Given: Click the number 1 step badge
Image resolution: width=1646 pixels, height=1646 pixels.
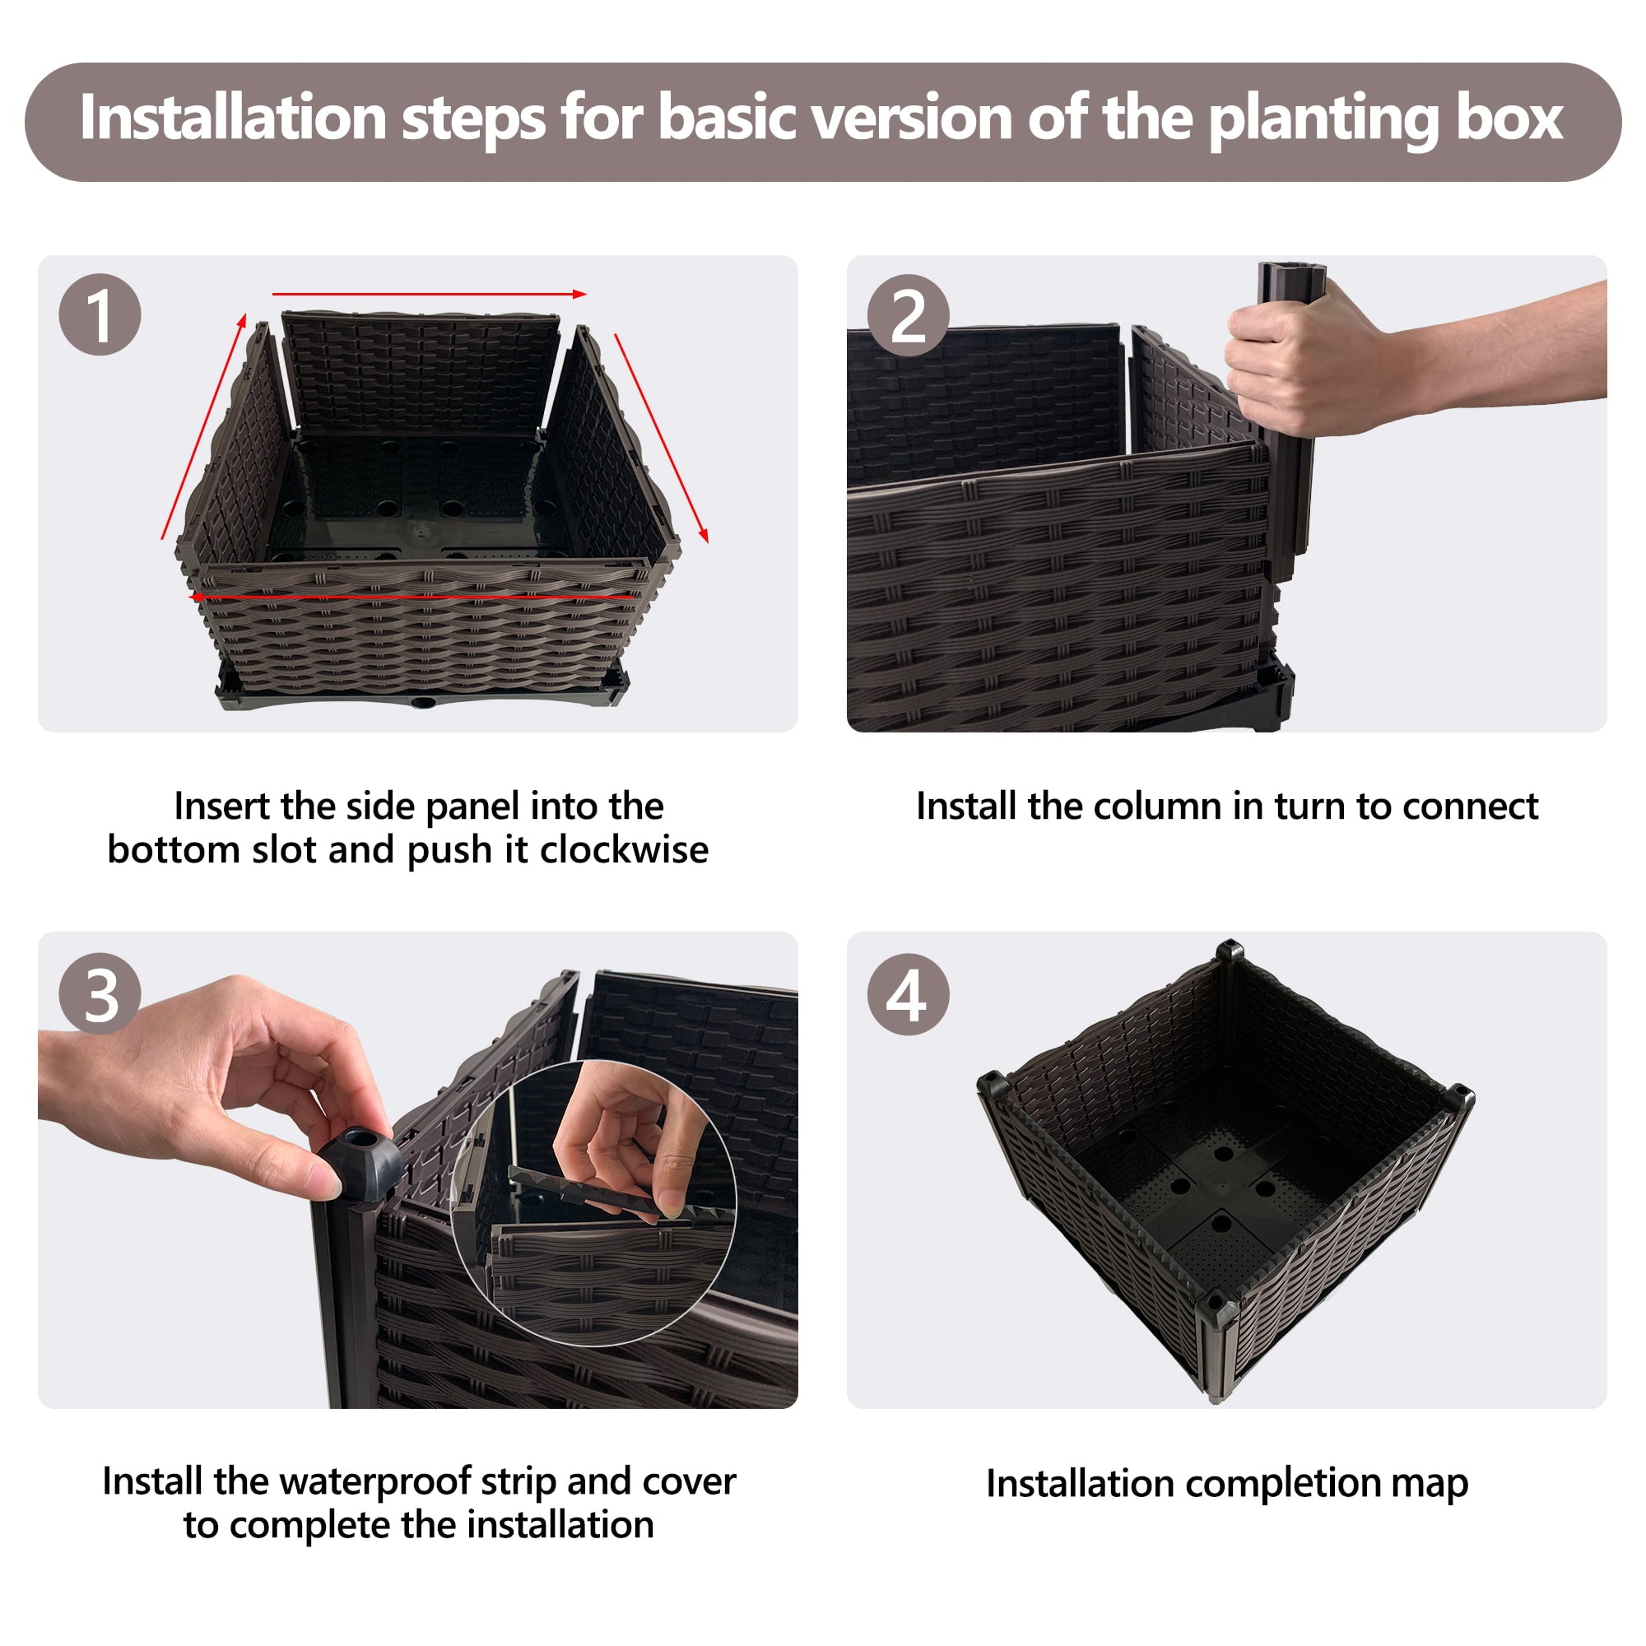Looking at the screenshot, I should pos(100,314).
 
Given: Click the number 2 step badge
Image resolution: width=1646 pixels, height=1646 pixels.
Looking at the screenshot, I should pos(909,315).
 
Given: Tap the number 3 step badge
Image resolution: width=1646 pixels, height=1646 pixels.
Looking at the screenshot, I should pos(100,993).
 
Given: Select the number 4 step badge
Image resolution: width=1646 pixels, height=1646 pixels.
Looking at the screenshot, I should pos(909,994).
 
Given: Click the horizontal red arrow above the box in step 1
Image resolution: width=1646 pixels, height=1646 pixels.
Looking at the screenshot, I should pos(430,294).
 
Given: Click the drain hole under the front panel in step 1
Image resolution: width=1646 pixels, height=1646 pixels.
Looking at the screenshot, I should pos(422,703).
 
